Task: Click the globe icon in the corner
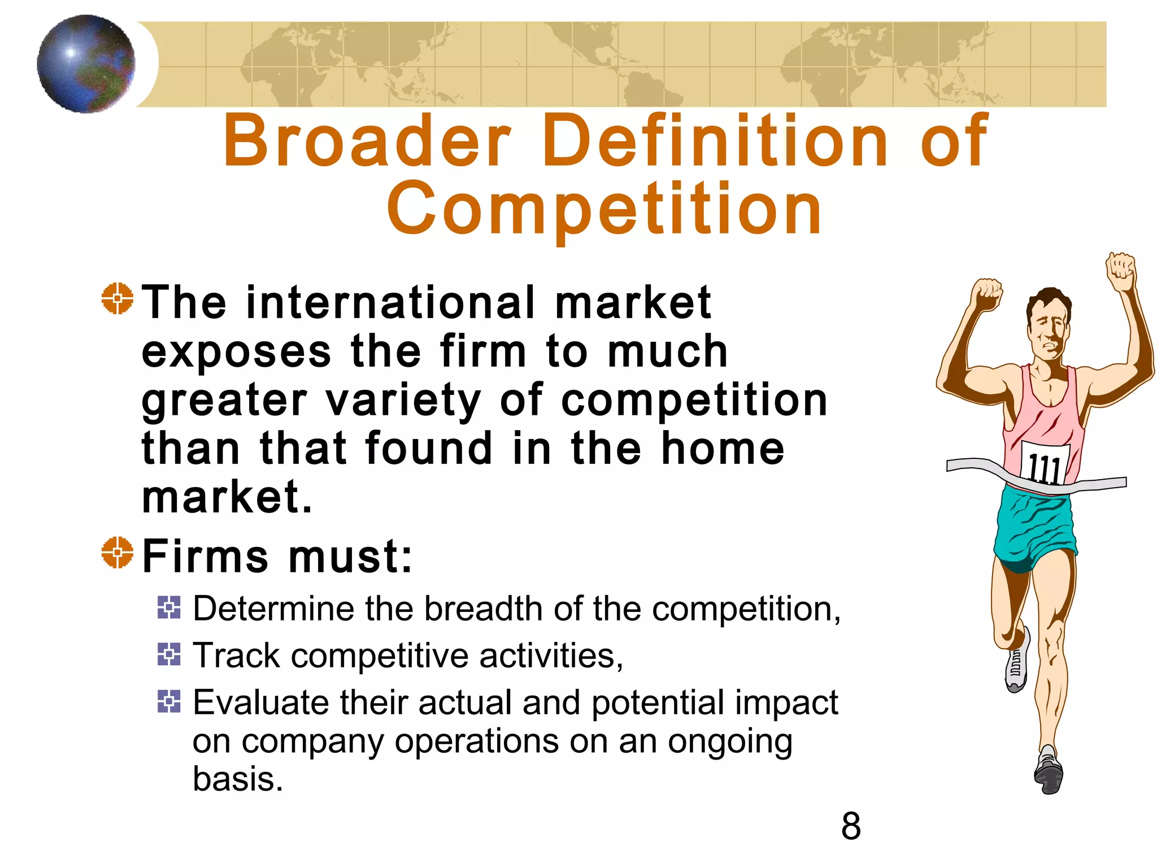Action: pos(86,64)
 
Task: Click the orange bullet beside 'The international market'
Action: pos(118,298)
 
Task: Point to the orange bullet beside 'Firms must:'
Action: pos(118,552)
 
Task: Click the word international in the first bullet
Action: pos(390,302)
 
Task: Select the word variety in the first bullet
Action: pos(403,400)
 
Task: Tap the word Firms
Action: pos(205,556)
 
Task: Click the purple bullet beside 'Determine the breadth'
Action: pos(169,607)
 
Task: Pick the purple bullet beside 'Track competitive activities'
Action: pos(169,654)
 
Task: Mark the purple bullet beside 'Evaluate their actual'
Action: pos(169,701)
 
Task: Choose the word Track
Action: pos(237,656)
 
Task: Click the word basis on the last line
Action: pos(237,779)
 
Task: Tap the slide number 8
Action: pos(851,826)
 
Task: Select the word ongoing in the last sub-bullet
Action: pos(730,741)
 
